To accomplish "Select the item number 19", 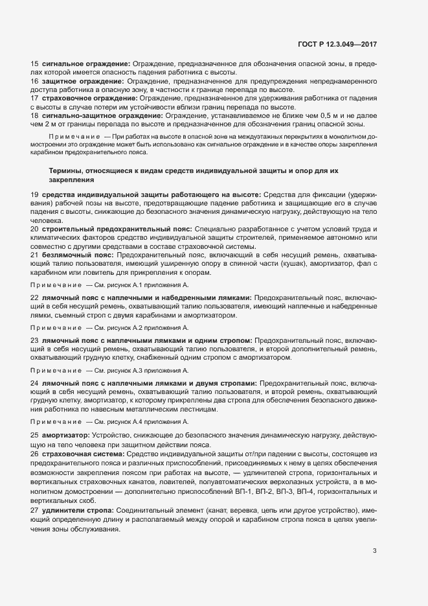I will click(x=34, y=195).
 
